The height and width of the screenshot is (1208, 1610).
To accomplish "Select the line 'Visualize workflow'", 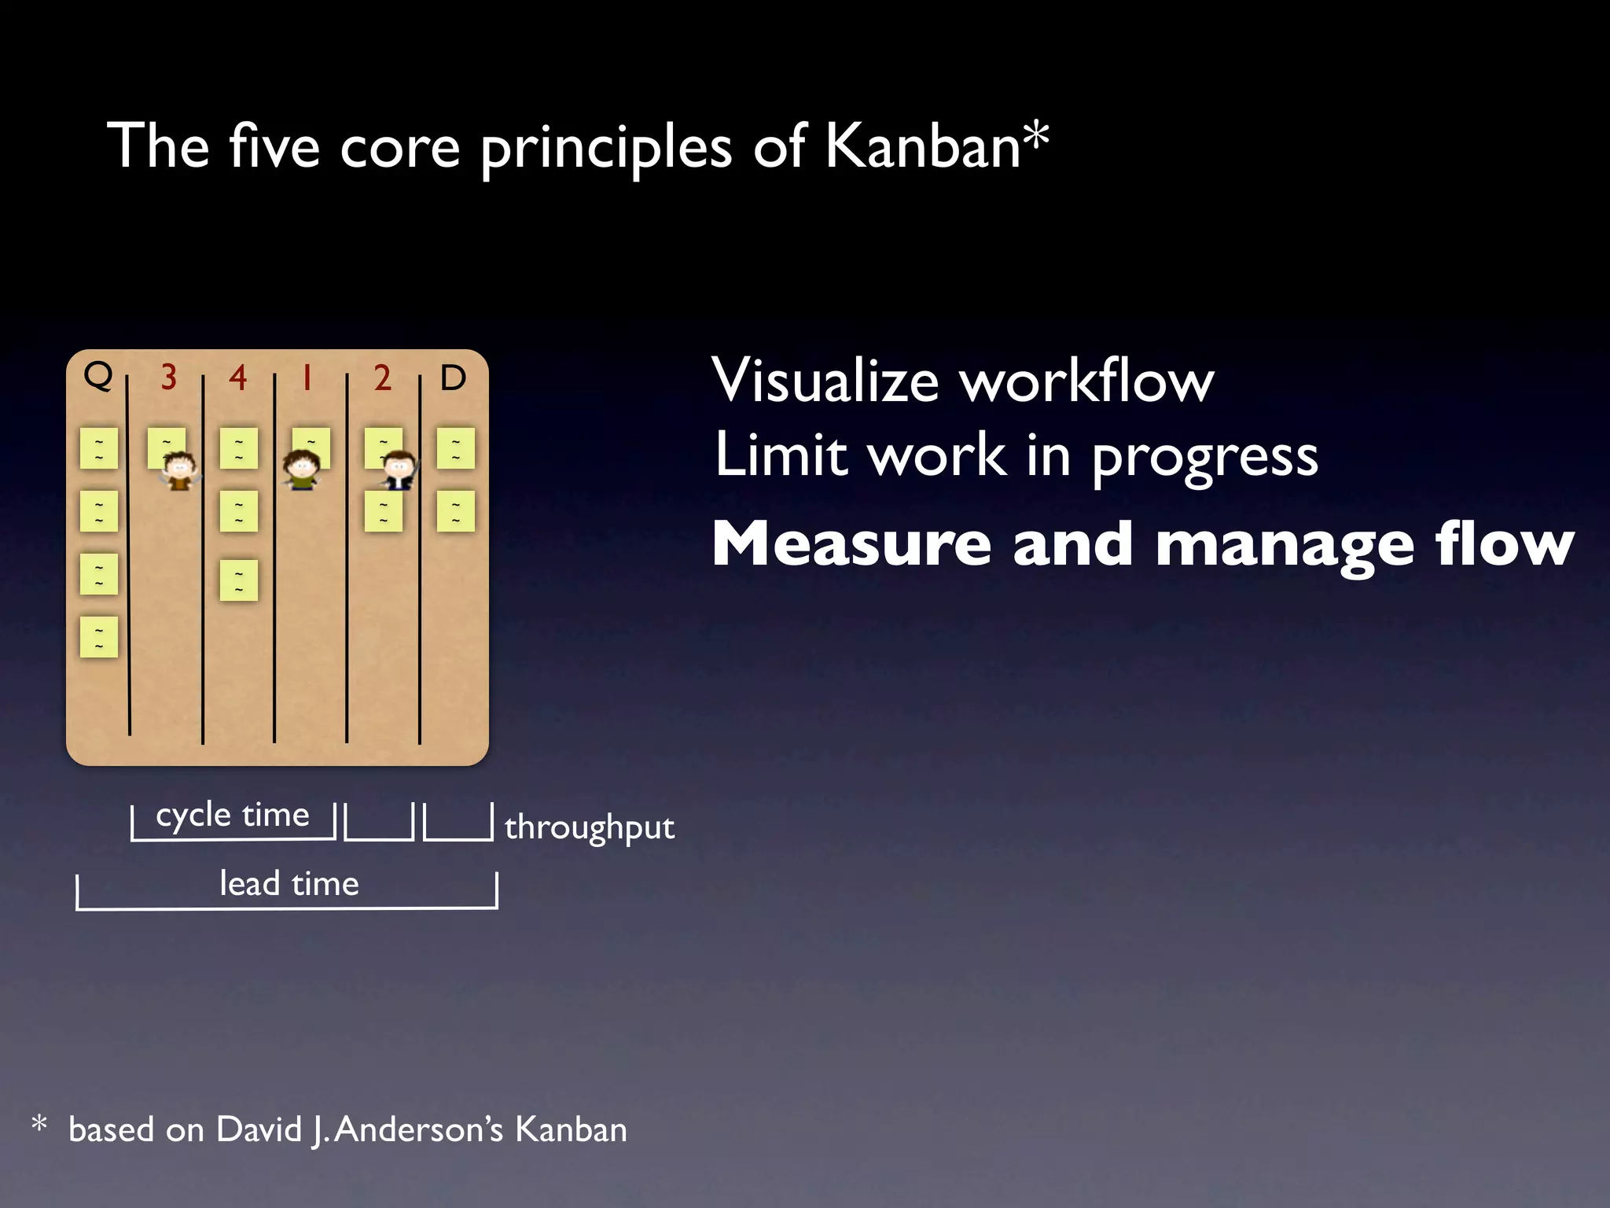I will [963, 381].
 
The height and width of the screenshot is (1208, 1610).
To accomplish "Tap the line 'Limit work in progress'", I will [1016, 455].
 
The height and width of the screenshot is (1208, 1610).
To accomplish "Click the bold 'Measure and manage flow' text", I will [1142, 544].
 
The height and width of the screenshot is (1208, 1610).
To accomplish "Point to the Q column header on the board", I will [98, 376].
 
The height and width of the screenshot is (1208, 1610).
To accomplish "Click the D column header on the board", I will [453, 378].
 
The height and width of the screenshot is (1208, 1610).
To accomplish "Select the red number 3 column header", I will [168, 377].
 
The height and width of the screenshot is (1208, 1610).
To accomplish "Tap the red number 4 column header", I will [238, 378].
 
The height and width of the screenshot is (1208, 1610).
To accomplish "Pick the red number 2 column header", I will [383, 378].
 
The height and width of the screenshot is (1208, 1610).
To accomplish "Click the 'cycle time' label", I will [233, 815].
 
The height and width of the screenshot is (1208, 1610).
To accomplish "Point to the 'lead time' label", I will [289, 884].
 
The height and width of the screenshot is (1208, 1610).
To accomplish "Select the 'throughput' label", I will [590, 827].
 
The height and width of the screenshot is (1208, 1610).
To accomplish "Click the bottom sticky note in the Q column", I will [99, 637].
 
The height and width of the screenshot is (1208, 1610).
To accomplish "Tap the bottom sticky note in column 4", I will [239, 580].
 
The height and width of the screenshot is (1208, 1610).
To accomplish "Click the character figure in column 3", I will [180, 470].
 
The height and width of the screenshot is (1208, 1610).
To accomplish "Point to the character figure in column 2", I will [399, 470].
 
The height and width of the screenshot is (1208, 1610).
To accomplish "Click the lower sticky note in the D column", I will [456, 511].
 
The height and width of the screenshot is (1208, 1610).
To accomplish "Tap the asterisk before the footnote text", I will [39, 1125].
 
